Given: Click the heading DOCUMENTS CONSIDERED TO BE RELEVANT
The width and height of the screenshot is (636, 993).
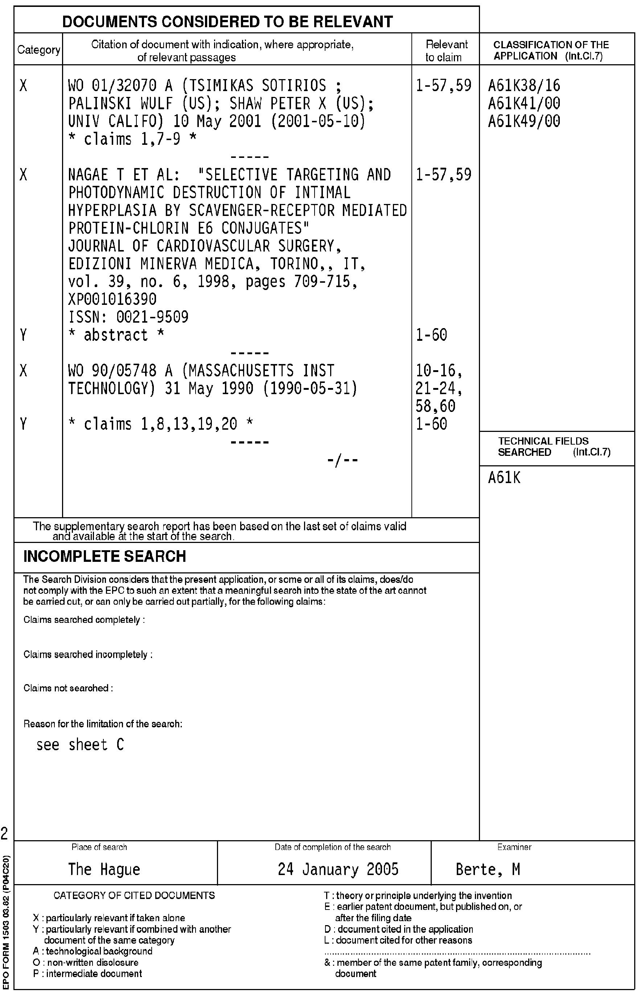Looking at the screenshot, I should pyautogui.click(x=227, y=21).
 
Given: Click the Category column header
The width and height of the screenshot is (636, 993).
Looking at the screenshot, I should pyautogui.click(x=38, y=50).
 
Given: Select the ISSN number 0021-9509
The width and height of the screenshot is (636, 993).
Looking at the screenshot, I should pyautogui.click(x=152, y=317).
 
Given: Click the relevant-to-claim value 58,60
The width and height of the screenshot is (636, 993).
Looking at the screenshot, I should pyautogui.click(x=435, y=406).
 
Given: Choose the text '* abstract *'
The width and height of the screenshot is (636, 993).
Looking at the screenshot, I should pyautogui.click(x=116, y=335).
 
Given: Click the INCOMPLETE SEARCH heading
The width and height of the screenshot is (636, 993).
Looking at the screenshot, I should pyautogui.click(x=104, y=556).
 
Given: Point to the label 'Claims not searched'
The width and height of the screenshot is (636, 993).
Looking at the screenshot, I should pyautogui.click(x=68, y=688).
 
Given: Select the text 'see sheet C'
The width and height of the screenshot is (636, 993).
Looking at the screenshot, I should pyautogui.click(x=80, y=745).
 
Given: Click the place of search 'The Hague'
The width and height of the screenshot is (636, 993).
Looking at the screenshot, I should pyautogui.click(x=104, y=869).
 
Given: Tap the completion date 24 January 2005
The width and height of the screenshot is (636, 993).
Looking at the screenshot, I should pyautogui.click(x=338, y=869).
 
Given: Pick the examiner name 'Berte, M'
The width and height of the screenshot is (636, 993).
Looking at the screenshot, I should pyautogui.click(x=487, y=869).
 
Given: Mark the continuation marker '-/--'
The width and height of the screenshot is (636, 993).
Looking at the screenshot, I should pyautogui.click(x=342, y=460).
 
